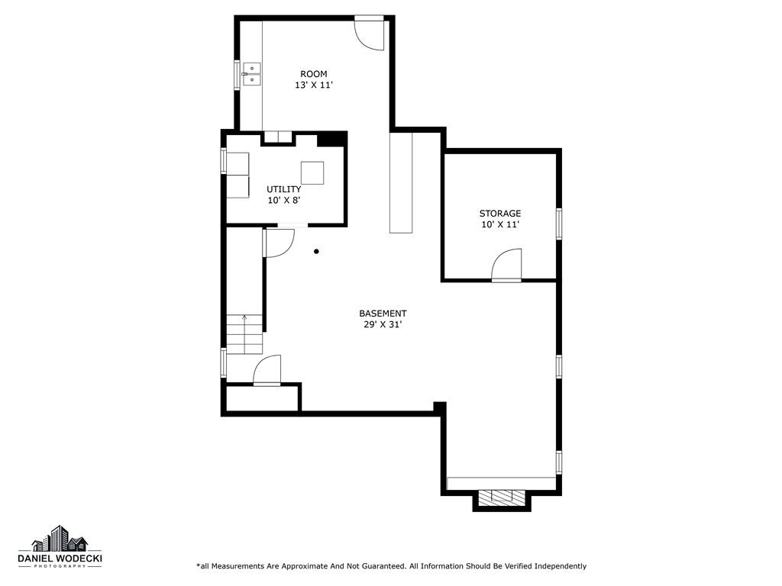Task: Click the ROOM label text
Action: tap(313, 74)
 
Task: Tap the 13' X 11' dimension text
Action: tap(313, 85)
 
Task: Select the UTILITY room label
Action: tap(283, 189)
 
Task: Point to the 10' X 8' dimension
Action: tap(283, 201)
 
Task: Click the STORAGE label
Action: tap(500, 214)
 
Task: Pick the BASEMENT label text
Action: tap(383, 314)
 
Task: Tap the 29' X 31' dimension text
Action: tap(383, 325)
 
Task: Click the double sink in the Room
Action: tap(251, 74)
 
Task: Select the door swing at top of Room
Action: tap(370, 34)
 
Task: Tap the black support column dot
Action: tap(316, 251)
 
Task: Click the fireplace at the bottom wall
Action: tap(502, 497)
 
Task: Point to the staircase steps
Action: tap(244, 335)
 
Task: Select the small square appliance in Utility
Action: tap(312, 173)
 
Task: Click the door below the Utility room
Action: tap(278, 242)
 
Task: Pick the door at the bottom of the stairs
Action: tap(267, 370)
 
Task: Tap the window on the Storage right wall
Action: tap(559, 224)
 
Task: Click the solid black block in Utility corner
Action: tap(331, 139)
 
